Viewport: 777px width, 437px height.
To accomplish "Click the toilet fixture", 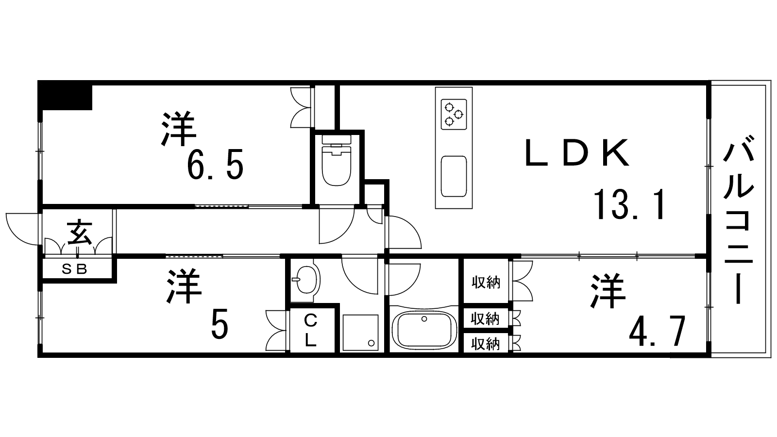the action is click(x=337, y=160).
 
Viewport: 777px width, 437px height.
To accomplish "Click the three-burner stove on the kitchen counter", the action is click(x=454, y=115).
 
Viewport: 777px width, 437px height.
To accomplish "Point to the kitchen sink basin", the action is click(x=454, y=176).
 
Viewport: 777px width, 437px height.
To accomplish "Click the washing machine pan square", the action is click(x=360, y=332).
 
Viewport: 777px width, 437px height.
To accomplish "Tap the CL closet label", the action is click(x=311, y=330).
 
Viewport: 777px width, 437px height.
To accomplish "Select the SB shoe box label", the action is click(x=74, y=269).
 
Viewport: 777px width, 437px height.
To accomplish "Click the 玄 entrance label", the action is click(x=80, y=233).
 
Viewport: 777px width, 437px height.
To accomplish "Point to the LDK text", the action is click(x=577, y=152).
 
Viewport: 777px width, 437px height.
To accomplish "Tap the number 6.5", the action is click(x=215, y=165).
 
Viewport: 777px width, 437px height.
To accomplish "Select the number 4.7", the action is click(x=658, y=332).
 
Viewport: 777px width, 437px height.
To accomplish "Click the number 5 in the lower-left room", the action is click(x=220, y=328).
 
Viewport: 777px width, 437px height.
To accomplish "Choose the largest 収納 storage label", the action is click(x=486, y=283).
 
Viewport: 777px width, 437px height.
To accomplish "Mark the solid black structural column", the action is click(x=65, y=95).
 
